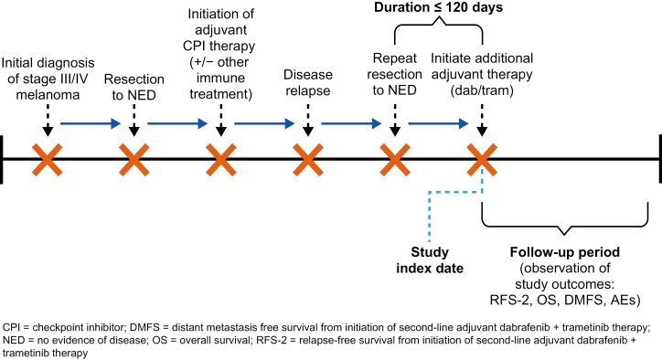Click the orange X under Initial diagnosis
(x=48, y=160)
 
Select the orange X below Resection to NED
(x=133, y=160)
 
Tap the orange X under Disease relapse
(x=308, y=160)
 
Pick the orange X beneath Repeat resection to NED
(x=395, y=160)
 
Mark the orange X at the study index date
(x=482, y=160)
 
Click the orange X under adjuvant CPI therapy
(x=220, y=160)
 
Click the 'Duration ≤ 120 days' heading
(x=438, y=7)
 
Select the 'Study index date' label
(x=430, y=260)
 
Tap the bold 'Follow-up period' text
(x=565, y=252)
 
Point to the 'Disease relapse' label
(x=308, y=82)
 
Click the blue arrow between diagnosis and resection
(x=91, y=123)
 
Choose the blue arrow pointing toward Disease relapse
(x=264, y=123)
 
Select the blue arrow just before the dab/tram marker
(x=438, y=123)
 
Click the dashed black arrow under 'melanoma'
(x=48, y=120)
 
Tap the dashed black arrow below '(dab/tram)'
(x=482, y=120)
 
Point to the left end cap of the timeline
(x=1, y=160)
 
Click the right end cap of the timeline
(x=660, y=160)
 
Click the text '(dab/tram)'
(x=482, y=90)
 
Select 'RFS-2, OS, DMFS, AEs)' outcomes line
(x=565, y=300)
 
